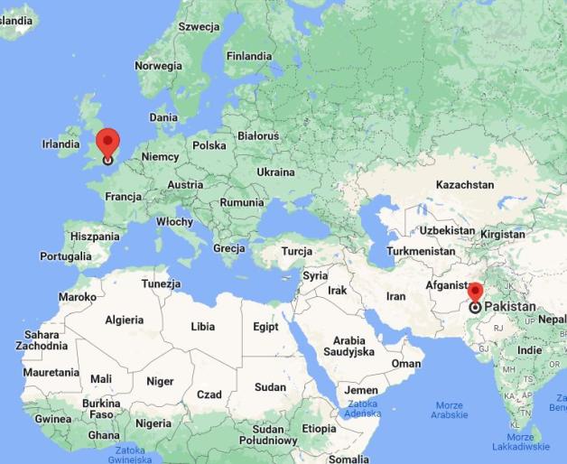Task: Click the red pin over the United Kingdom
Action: pos(107,143)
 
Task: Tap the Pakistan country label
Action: pos(510,307)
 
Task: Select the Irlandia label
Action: pos(61,144)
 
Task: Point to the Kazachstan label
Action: pos(465,184)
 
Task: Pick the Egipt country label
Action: pos(265,327)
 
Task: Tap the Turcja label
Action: pos(296,251)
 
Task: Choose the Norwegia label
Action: pos(158,66)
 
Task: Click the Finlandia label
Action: pos(249,56)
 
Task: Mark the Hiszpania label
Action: pos(95,237)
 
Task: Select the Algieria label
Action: pos(125,320)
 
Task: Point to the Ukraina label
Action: pos(275,172)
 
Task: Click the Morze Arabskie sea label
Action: pos(449,410)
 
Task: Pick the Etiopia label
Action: pos(319,428)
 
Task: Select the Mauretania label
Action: pos(51,372)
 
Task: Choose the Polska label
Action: pos(209,144)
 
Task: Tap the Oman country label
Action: pos(406,364)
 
